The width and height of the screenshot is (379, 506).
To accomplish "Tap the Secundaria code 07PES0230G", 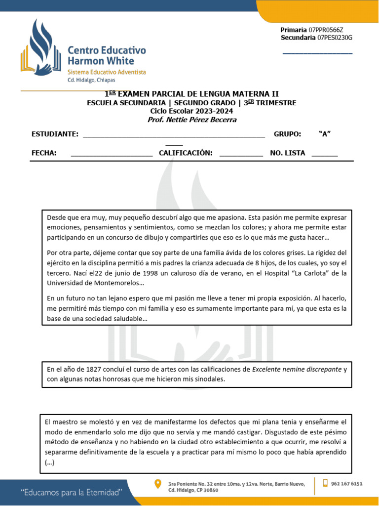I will [x=335, y=38].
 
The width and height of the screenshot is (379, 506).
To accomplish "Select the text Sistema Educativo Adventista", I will [x=107, y=72].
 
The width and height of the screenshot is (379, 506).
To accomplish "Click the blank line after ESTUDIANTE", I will [x=174, y=134].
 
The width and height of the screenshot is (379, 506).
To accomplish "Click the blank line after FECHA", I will [x=112, y=153].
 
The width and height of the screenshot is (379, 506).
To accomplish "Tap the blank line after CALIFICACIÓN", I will [x=241, y=153].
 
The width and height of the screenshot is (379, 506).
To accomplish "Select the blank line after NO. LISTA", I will [x=325, y=153].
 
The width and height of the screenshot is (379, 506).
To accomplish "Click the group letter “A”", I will [x=325, y=134].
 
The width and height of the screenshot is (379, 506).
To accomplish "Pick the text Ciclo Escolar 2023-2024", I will [x=191, y=111].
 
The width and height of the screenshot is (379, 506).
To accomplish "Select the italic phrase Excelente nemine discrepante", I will [x=297, y=369].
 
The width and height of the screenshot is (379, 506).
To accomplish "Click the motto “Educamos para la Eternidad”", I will [x=71, y=493].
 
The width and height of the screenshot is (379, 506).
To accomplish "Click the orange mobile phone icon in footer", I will [x=326, y=483].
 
